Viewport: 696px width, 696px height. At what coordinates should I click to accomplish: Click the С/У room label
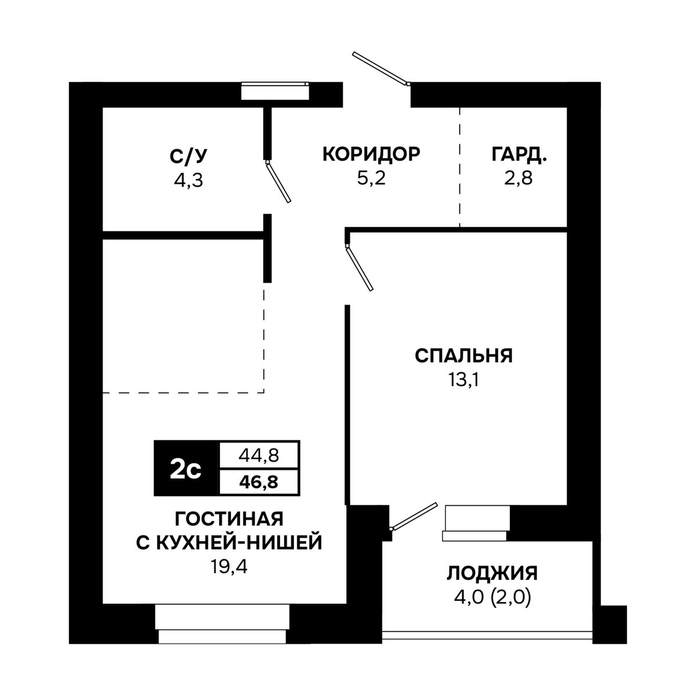tap(188, 156)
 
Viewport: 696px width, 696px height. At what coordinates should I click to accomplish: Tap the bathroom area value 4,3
tap(188, 180)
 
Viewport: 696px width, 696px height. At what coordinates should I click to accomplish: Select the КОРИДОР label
tap(371, 154)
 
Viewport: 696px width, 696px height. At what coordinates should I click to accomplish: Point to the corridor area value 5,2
tap(371, 178)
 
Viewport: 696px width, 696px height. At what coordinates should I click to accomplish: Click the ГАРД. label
tap(519, 155)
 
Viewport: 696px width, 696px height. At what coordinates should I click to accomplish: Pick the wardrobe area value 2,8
tap(519, 178)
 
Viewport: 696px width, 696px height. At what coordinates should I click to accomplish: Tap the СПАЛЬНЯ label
tap(463, 356)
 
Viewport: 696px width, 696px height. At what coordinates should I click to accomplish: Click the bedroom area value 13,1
tap(463, 380)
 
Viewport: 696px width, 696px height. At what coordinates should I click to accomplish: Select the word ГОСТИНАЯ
tap(229, 519)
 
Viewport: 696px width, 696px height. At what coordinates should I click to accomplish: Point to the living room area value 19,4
tap(229, 567)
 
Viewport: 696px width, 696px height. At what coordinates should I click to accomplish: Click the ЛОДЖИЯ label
tap(492, 574)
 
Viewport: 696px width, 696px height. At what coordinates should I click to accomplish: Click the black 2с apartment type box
tap(186, 469)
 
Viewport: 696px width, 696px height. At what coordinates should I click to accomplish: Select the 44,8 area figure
tap(259, 456)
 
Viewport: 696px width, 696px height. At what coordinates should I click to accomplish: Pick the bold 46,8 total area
tap(259, 483)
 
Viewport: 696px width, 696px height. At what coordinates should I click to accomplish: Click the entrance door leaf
tap(380, 68)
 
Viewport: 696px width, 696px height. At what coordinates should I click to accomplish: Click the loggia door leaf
tap(415, 516)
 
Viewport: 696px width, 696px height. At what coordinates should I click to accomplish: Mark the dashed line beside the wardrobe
tap(459, 167)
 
